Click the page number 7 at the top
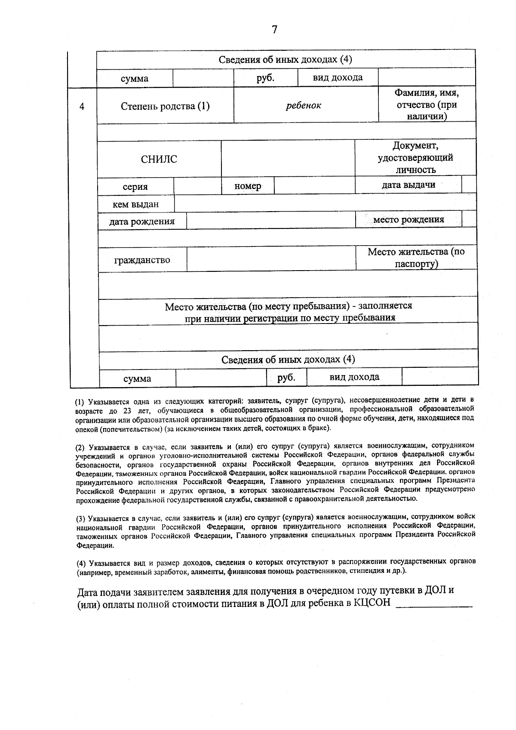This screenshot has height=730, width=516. pos(275,30)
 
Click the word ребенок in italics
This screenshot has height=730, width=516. pos(304,105)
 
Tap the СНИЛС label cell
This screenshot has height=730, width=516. pos(159,160)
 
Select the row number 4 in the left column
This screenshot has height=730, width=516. pos(82,106)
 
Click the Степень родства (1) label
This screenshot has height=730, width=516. pos(165,106)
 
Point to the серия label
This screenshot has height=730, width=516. pos(135,187)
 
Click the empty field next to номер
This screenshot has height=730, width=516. pos(314,186)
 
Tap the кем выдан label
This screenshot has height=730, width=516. pos(135,204)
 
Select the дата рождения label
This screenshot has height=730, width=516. pos(142,222)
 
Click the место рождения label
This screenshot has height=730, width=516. pos(408,220)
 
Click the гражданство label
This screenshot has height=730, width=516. pos(142,260)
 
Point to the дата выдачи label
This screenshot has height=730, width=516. pos(408,185)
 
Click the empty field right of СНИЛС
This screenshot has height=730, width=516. pos(288,158)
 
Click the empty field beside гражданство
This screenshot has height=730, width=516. pos(270,259)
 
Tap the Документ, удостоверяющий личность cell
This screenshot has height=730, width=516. pos(415,157)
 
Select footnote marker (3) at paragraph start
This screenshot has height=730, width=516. pos(81,518)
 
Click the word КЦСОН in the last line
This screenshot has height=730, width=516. pos(372,603)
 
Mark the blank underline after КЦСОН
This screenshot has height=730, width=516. pos(433,604)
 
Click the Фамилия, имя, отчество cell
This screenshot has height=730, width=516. pos(427,105)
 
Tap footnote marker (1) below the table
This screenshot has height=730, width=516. pos(80,403)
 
